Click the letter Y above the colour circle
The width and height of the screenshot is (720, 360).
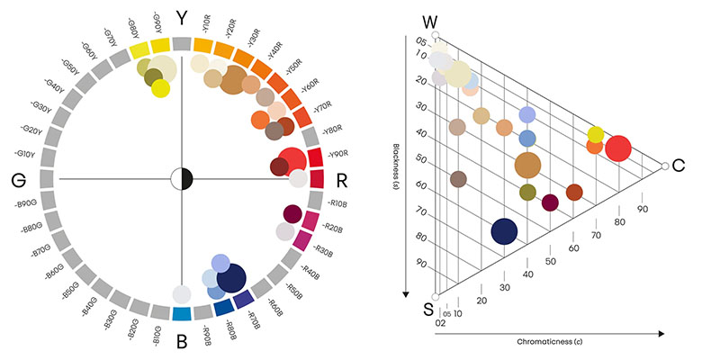click(x=182, y=18)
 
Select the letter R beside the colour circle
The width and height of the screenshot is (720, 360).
click(x=342, y=179)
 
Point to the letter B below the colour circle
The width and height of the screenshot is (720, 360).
click(x=181, y=341)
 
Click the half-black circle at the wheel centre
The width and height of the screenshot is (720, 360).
click(x=182, y=178)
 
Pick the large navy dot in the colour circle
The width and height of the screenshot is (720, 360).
click(x=231, y=279)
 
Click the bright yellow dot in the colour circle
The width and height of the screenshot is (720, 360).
click(x=160, y=89)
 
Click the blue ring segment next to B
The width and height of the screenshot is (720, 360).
click(x=181, y=314)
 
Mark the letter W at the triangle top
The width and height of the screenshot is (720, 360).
click(x=432, y=20)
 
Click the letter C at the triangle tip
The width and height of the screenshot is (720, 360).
click(x=679, y=166)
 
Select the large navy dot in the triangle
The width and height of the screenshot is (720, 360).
click(x=505, y=231)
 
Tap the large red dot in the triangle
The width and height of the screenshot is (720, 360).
click(x=618, y=148)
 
